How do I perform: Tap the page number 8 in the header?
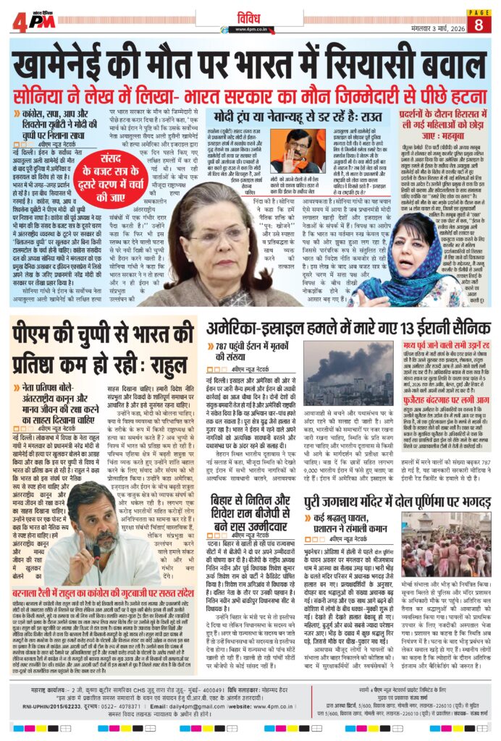click(x=479, y=21)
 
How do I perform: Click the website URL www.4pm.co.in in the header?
click(x=250, y=29)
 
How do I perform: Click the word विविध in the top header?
click(x=250, y=17)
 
